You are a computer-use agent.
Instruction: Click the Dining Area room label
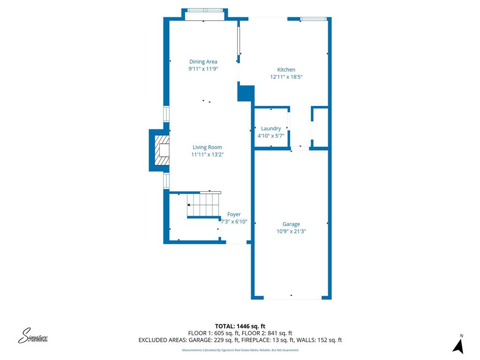click(203, 61)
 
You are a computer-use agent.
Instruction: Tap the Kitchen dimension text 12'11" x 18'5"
click(286, 77)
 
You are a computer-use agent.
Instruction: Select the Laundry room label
click(271, 128)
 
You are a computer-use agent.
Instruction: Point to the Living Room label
click(207, 147)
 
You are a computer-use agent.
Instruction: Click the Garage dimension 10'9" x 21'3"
click(291, 231)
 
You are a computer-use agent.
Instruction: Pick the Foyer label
click(234, 215)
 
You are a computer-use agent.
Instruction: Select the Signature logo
click(33, 336)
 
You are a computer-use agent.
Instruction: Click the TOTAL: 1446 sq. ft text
click(240, 326)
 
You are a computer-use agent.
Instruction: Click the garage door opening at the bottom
click(292, 298)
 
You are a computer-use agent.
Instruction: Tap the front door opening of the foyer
click(236, 243)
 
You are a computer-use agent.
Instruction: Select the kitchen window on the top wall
click(313, 19)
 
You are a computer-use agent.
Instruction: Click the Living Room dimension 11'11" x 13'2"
click(207, 154)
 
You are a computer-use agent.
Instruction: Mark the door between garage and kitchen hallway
click(300, 149)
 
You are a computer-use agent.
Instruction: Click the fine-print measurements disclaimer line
click(240, 350)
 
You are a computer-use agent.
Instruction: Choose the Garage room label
click(291, 224)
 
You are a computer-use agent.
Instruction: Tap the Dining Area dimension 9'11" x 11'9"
click(203, 69)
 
